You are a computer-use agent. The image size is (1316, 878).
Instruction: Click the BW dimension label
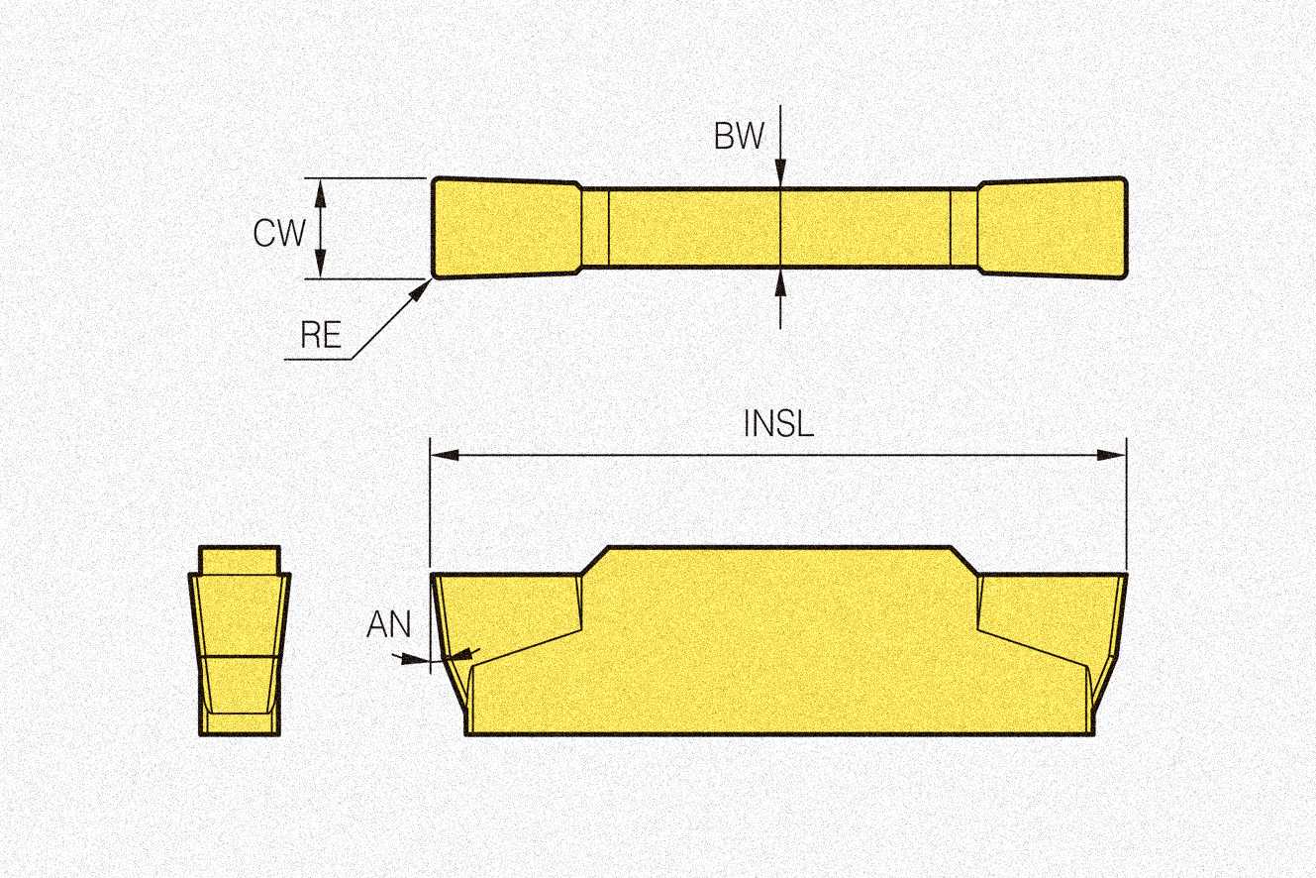click(740, 136)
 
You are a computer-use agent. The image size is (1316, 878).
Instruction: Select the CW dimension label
click(280, 233)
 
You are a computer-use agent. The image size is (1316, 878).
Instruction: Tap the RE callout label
click(322, 336)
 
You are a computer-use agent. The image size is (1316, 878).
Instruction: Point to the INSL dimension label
click(778, 424)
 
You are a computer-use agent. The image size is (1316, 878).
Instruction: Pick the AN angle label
click(388, 625)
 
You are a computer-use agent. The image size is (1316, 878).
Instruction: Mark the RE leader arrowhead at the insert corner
click(426, 286)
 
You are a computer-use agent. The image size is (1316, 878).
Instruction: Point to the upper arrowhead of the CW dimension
click(320, 189)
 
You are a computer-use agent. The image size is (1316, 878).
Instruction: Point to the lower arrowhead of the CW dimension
click(320, 267)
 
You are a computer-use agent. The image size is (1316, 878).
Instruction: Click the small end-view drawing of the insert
click(240, 640)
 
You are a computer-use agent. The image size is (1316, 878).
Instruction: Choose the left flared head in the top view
click(506, 227)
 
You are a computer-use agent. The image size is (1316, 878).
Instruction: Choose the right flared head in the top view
click(1053, 227)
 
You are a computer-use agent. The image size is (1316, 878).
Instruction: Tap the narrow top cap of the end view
click(240, 558)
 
